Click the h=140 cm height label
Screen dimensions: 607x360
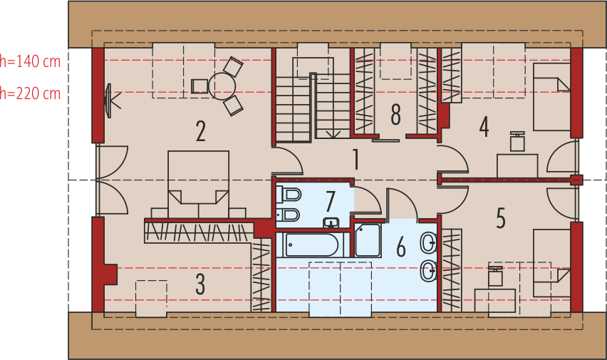click(x=30, y=61)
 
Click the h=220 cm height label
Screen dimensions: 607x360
click(x=30, y=93)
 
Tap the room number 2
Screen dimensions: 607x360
click(x=200, y=131)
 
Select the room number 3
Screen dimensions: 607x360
click(x=200, y=284)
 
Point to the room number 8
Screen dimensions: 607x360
click(x=395, y=115)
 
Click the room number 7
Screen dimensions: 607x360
click(x=330, y=202)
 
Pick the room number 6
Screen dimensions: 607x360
click(x=401, y=247)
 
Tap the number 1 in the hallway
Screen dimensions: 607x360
click(x=356, y=160)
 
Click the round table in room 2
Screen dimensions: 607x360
click(x=222, y=86)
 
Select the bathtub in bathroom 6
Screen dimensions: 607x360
click(x=312, y=245)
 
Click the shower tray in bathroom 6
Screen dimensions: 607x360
click(x=368, y=240)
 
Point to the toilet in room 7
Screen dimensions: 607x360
click(x=289, y=194)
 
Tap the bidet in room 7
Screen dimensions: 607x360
click(x=288, y=215)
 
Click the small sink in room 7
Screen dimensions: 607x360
click(x=331, y=222)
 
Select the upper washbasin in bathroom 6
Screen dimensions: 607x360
click(x=429, y=243)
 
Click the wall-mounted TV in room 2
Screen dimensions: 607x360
click(x=108, y=101)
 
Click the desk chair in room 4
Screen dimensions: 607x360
click(x=517, y=141)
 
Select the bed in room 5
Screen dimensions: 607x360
click(x=551, y=264)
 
